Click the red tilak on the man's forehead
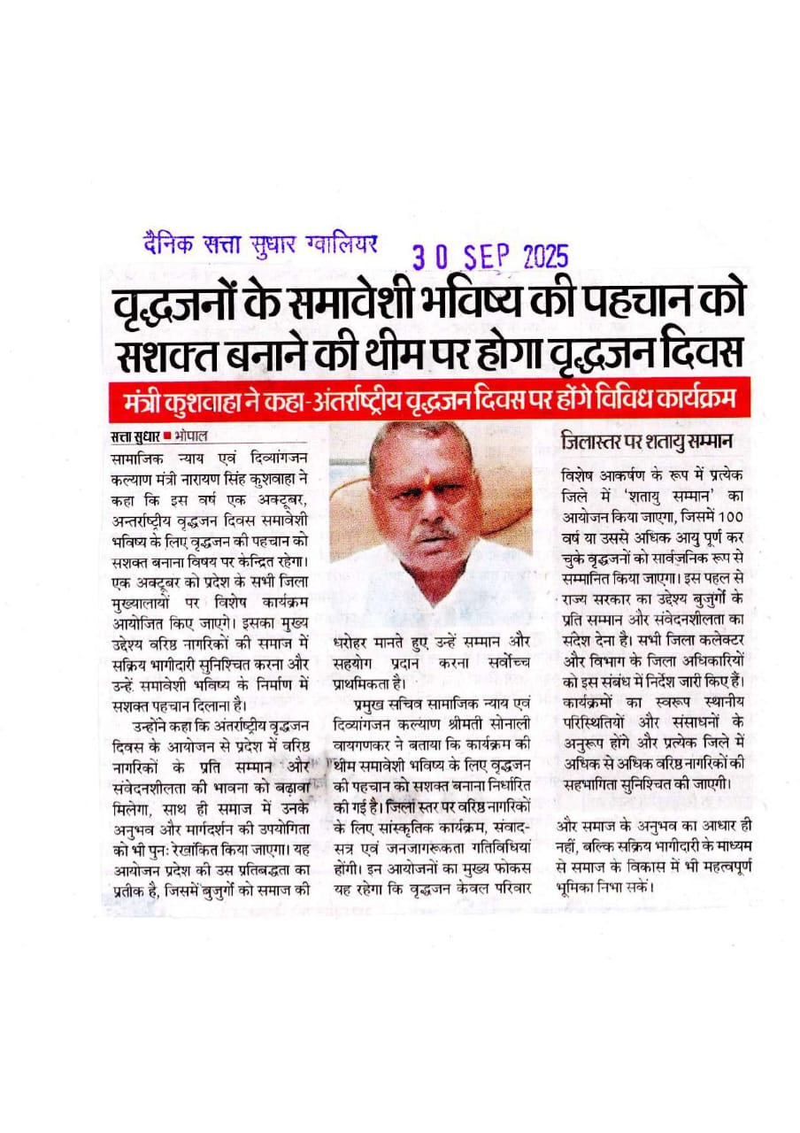(421, 460)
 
